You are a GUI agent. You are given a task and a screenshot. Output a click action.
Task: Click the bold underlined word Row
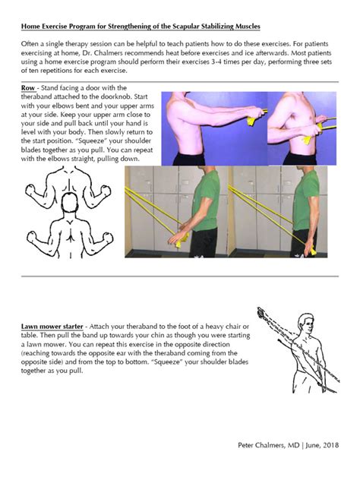[29, 88]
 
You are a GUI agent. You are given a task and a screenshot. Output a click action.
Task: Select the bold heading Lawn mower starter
[52, 327]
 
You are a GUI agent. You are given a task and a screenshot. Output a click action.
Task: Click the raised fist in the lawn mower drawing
[262, 312]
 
